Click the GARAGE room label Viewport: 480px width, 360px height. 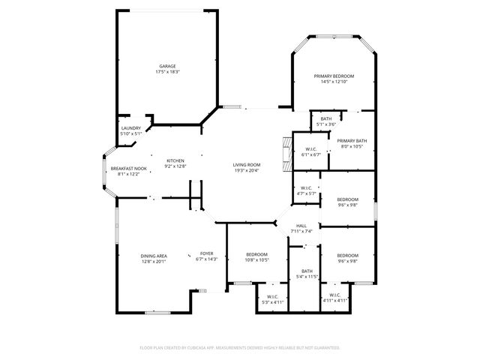click(166, 66)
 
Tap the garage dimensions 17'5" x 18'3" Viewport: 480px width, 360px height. click(166, 71)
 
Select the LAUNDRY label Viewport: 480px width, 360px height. click(131, 128)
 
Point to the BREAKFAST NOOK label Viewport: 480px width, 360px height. click(125, 169)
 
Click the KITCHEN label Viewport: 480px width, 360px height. click(175, 160)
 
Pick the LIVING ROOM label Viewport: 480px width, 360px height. click(246, 165)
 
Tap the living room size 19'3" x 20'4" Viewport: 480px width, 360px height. click(246, 170)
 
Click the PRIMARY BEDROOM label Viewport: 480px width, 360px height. click(334, 76)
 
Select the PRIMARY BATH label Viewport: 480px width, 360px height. click(351, 141)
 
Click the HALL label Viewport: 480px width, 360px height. click(301, 226)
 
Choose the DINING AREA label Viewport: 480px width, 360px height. click(153, 256)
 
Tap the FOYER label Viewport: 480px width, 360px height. click(206, 254)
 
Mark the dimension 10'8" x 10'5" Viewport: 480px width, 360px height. click(256, 259)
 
